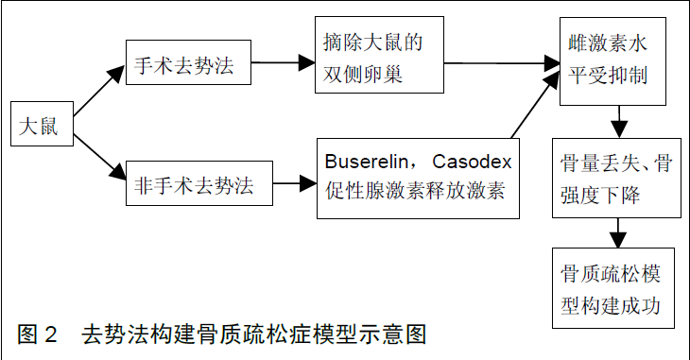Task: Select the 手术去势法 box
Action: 185,65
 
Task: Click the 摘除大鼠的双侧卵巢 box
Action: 380,58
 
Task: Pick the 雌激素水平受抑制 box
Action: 615,59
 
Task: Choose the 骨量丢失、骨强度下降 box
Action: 615,177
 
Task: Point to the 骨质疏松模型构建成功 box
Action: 615,288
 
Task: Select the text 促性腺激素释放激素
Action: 417,190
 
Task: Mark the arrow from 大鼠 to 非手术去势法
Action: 99,155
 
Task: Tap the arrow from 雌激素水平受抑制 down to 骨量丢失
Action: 619,120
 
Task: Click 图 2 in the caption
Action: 38,334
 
